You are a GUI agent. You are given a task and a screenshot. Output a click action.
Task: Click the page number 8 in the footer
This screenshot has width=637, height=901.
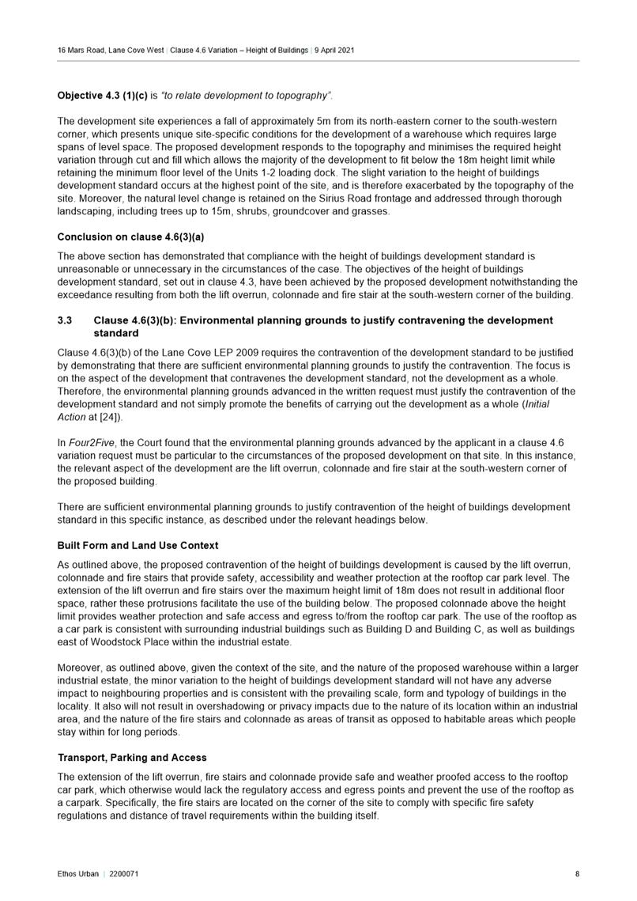[577, 874]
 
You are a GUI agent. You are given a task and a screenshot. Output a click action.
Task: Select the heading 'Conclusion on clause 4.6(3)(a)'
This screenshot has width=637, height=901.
[125, 237]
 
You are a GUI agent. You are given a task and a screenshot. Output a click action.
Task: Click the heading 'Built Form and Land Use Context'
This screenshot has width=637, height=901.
[138, 546]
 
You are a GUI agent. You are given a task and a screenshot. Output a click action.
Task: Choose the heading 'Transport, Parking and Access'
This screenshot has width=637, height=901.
[132, 758]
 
